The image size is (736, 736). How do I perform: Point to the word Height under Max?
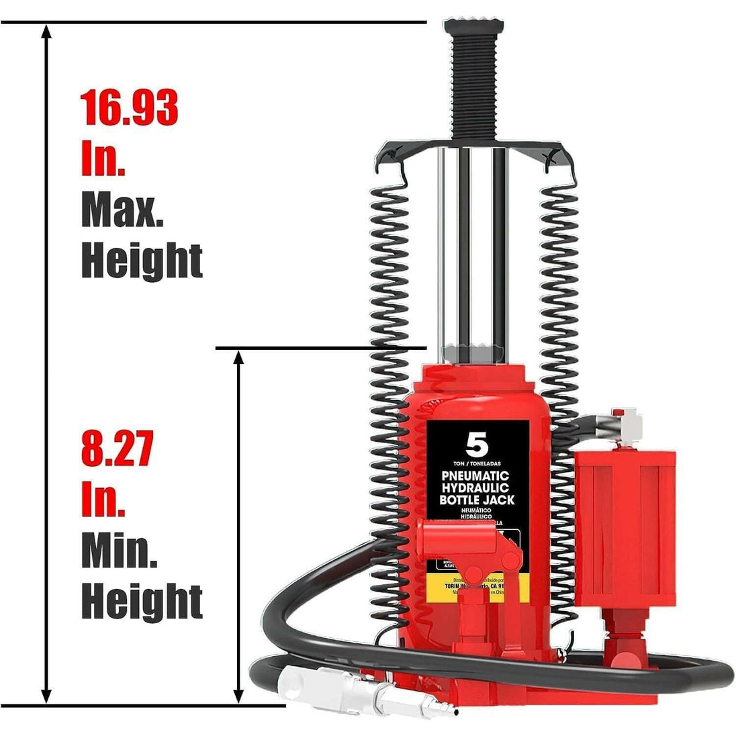click(x=142, y=261)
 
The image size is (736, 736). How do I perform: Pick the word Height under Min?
click(x=142, y=601)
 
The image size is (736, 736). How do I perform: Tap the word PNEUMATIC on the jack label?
click(x=475, y=475)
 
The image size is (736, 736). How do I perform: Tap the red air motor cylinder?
click(x=625, y=517)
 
